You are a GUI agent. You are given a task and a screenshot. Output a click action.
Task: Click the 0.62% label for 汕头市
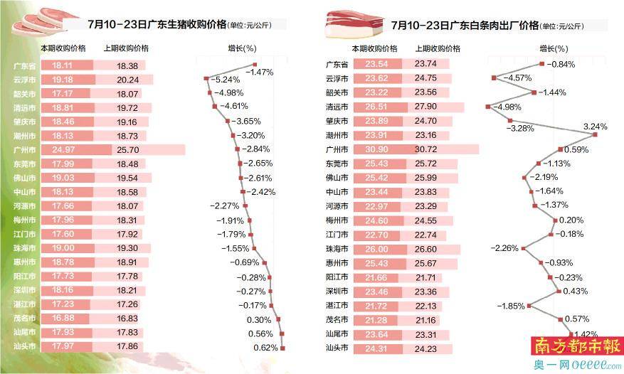point(265,347)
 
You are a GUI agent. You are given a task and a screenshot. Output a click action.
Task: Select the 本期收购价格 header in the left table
point(63,48)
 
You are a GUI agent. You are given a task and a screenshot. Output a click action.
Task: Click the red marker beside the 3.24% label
point(595,134)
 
